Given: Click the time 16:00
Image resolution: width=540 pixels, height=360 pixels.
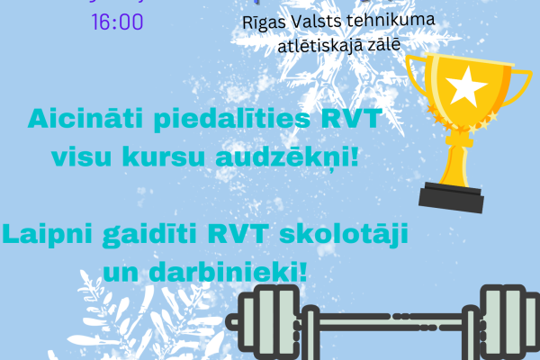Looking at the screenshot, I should click(x=118, y=21).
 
